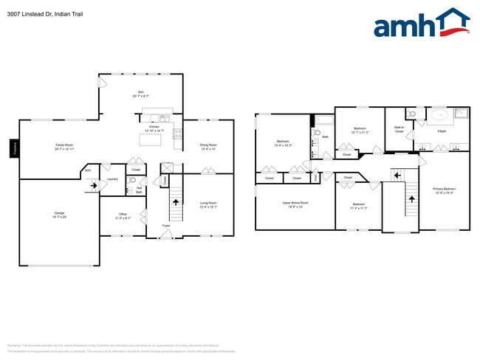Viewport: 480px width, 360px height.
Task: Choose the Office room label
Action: (123, 216)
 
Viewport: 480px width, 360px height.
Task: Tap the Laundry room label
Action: (112, 179)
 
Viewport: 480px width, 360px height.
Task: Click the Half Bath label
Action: (138, 190)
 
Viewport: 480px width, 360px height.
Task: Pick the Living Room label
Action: (208, 204)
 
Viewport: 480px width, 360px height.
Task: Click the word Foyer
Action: (166, 225)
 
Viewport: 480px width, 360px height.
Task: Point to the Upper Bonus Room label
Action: (295, 203)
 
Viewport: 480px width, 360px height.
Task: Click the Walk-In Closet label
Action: (399, 129)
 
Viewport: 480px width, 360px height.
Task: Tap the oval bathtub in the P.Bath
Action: (439, 114)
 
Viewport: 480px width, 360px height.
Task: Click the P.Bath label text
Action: (442, 131)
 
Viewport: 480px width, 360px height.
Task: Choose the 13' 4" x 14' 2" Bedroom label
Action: (283, 142)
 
